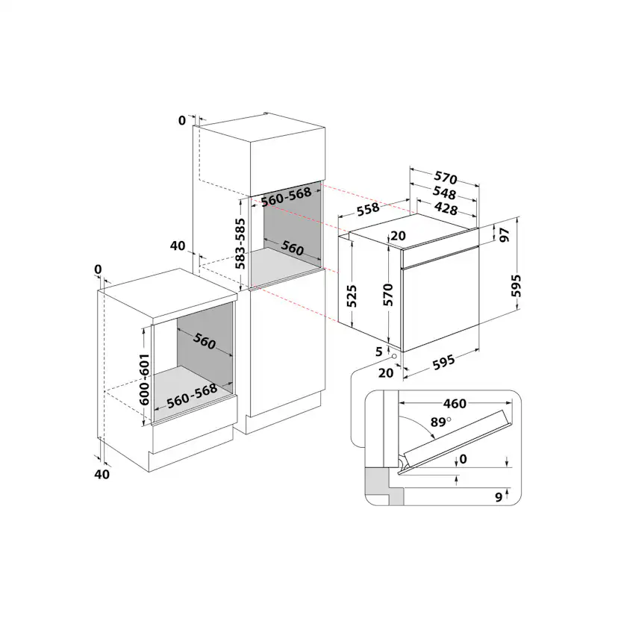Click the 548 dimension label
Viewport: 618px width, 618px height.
click(444, 193)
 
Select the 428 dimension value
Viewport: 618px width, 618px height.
click(446, 207)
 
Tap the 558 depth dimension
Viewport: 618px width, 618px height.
click(368, 209)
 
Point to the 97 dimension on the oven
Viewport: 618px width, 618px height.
click(504, 235)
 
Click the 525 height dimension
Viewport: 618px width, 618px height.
click(352, 296)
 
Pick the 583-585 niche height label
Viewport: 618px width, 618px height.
click(240, 243)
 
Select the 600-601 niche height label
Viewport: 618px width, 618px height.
click(144, 379)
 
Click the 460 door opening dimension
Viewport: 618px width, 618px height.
click(455, 404)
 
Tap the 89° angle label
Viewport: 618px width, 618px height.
click(440, 422)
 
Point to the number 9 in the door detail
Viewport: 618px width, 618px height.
click(499, 497)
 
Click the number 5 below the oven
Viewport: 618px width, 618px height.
click(379, 352)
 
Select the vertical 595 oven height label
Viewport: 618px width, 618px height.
click(516, 286)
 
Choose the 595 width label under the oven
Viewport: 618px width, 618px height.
click(444, 363)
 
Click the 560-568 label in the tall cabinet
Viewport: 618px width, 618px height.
click(286, 196)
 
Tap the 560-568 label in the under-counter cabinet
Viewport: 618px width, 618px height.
click(192, 396)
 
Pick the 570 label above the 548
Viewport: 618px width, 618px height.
click(446, 178)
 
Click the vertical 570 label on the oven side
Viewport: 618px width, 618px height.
click(388, 294)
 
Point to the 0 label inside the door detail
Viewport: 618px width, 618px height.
click(463, 459)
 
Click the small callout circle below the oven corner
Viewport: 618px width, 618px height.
click(393, 356)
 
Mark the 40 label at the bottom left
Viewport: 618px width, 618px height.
click(102, 474)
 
